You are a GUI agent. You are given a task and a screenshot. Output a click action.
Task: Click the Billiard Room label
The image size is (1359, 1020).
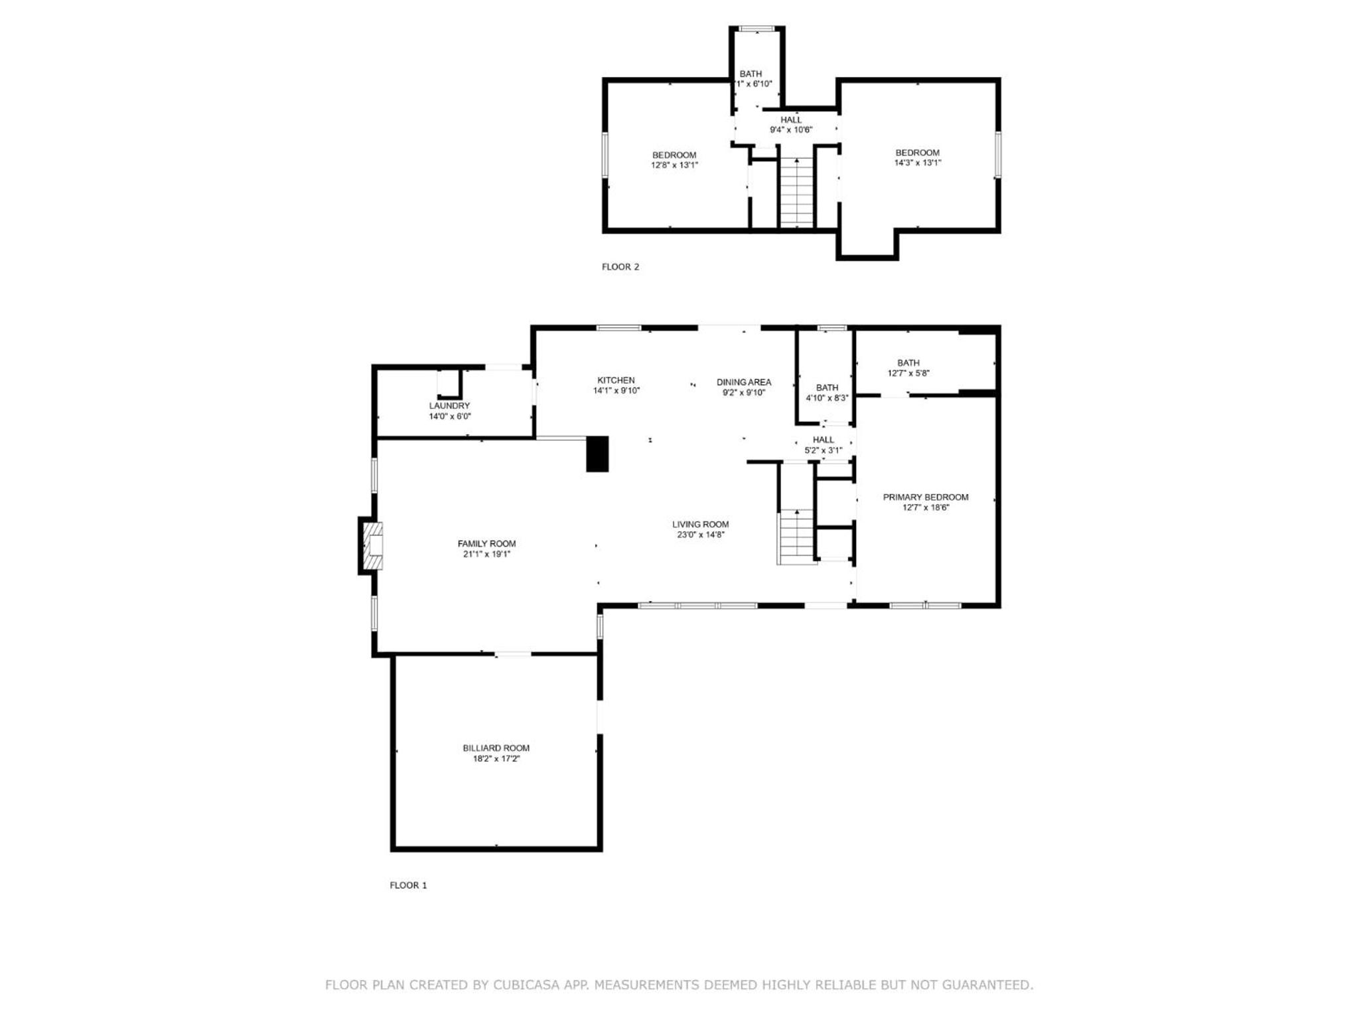tap(496, 748)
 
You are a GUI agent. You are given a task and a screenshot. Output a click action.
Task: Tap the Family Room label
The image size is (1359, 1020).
tap(486, 543)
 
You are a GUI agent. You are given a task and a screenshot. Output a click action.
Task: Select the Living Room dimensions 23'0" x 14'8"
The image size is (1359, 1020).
tap(700, 534)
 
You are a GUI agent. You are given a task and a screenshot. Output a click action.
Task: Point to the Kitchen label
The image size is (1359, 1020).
tap(616, 380)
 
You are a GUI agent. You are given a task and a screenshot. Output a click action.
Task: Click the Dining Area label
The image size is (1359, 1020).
tap(744, 382)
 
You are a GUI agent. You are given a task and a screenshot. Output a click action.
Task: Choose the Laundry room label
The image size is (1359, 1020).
tap(449, 405)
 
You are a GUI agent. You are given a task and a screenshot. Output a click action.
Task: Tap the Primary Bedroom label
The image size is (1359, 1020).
tap(926, 497)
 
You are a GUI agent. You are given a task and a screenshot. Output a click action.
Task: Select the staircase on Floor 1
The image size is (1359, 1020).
tap(796, 537)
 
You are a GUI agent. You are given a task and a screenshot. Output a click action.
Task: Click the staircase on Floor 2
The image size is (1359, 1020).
tap(796, 193)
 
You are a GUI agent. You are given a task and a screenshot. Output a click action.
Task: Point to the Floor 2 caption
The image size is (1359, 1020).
tap(620, 267)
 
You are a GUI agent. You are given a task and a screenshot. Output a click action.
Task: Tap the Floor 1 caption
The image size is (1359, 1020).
tap(408, 885)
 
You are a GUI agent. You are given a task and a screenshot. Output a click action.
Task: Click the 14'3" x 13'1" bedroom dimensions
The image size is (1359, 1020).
tap(918, 163)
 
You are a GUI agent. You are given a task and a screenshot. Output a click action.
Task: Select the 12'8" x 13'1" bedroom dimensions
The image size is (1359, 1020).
tap(674, 165)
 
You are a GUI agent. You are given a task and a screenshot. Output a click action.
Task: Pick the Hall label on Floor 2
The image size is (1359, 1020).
tap(791, 120)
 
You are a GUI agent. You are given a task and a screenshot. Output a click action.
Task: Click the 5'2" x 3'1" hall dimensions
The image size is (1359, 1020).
tap(823, 450)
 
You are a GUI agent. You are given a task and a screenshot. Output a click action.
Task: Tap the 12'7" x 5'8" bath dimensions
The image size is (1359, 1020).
tap(908, 373)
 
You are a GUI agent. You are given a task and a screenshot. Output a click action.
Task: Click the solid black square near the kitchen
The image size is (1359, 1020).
tap(597, 454)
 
